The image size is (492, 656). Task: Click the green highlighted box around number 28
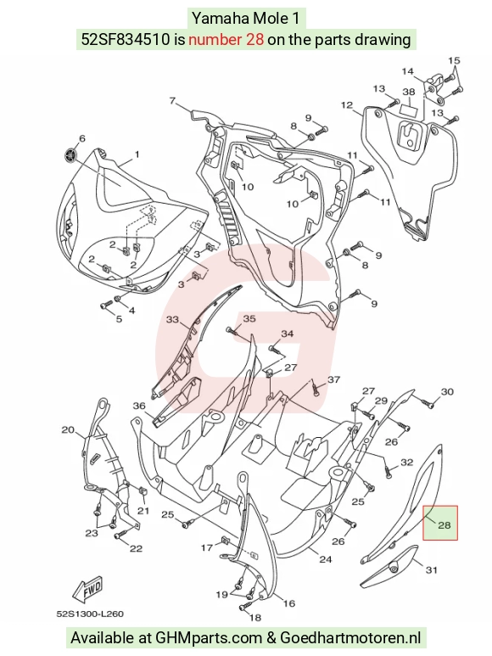coord(440,523)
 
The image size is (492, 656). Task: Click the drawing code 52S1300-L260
coord(90,614)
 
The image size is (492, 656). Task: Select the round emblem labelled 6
coord(70,155)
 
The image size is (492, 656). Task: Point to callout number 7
coord(173,100)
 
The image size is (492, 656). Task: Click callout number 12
coord(347,105)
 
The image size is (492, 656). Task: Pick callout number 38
coord(409,92)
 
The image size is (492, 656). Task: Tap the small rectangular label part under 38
coord(410,109)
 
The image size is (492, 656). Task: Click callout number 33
coord(172,320)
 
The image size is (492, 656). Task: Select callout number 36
coord(139,406)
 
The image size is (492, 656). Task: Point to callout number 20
coord(68,429)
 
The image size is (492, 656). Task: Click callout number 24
coord(326,559)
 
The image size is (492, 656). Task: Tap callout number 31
coord(432,569)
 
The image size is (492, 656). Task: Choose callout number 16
coord(289,603)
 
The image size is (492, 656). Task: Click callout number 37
coord(333,379)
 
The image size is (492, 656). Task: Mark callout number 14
coord(407,71)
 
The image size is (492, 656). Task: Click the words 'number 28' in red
coord(226,39)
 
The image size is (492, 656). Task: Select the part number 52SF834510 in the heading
coord(126,39)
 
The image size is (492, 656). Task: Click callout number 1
coord(137,154)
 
